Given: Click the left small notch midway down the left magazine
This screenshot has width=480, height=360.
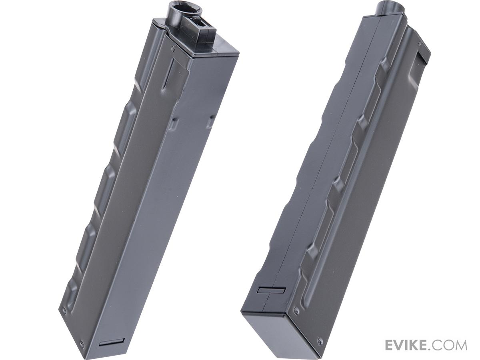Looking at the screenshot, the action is point(174,124).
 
